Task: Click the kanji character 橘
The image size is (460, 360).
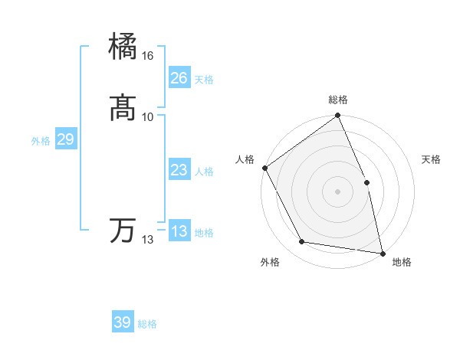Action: tap(123, 47)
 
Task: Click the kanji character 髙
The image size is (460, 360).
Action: tap(123, 108)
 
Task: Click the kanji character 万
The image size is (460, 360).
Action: tap(123, 231)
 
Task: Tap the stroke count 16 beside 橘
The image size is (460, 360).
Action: tap(148, 56)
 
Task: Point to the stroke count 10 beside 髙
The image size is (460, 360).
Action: tap(148, 116)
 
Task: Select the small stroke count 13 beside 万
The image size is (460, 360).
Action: tap(148, 240)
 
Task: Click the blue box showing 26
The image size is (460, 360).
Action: tap(179, 78)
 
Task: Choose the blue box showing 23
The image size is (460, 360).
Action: tap(179, 170)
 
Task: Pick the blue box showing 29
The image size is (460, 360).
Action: tap(65, 139)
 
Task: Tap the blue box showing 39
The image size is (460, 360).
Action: tap(123, 322)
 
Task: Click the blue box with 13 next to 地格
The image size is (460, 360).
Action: tap(179, 231)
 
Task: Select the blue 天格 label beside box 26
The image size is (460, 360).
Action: tap(204, 80)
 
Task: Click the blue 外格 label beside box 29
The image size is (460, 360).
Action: tap(41, 141)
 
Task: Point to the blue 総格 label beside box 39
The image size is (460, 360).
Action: tap(147, 324)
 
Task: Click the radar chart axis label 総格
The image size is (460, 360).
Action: tap(338, 100)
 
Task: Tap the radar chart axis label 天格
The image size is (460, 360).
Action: tap(432, 159)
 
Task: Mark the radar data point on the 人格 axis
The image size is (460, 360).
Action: tap(265, 168)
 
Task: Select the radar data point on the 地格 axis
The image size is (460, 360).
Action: tap(382, 253)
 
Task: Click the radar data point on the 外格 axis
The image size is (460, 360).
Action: tap(302, 242)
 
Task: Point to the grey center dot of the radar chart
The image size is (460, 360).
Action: tap(337, 191)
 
